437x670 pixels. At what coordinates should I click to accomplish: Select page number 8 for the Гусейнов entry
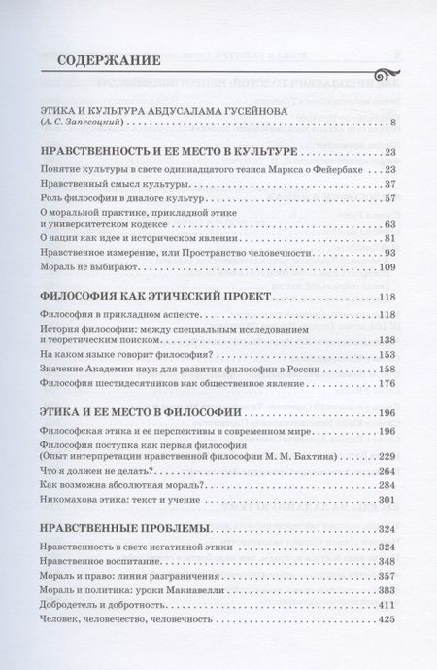[392, 123]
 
